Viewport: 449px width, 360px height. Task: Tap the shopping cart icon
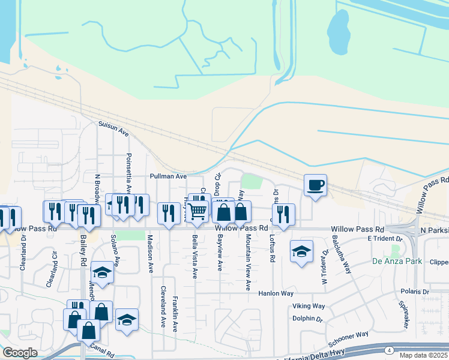pyautogui.click(x=196, y=211)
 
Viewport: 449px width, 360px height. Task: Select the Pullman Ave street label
pyautogui.click(x=168, y=177)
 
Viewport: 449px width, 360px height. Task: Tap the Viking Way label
pyautogui.click(x=309, y=306)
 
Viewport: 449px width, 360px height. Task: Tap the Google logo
pyautogui.click(x=20, y=353)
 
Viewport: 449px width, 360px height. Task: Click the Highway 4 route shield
pyautogui.click(x=390, y=350)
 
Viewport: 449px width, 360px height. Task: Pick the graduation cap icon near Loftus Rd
pyautogui.click(x=301, y=251)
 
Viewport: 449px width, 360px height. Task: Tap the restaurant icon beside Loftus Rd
pyautogui.click(x=283, y=213)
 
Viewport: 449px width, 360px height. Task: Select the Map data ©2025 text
pyautogui.click(x=423, y=355)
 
